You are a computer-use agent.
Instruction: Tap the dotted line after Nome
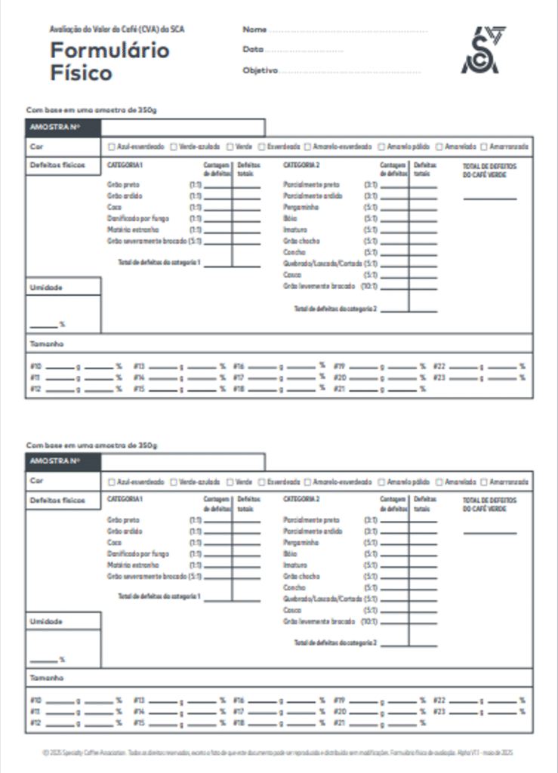click(x=348, y=30)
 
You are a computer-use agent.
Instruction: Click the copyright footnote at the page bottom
click(x=279, y=753)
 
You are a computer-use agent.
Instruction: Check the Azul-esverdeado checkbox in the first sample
click(x=112, y=146)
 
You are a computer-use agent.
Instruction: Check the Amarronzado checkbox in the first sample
click(x=485, y=146)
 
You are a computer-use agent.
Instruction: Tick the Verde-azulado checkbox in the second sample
click(x=174, y=482)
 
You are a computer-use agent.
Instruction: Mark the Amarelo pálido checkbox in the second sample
click(x=381, y=482)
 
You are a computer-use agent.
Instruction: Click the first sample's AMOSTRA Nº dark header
click(x=63, y=127)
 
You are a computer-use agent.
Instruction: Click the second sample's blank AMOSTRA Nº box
click(x=182, y=462)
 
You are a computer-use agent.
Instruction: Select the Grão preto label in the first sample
click(x=123, y=185)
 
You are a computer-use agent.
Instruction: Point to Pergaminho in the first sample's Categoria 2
click(x=301, y=207)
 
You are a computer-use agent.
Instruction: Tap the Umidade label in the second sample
click(x=45, y=621)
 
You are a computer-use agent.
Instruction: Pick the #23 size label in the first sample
click(x=439, y=377)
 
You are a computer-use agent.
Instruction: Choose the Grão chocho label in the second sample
click(x=301, y=576)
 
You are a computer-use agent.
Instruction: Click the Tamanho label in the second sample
click(x=46, y=678)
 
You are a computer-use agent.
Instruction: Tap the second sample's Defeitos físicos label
click(x=57, y=500)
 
